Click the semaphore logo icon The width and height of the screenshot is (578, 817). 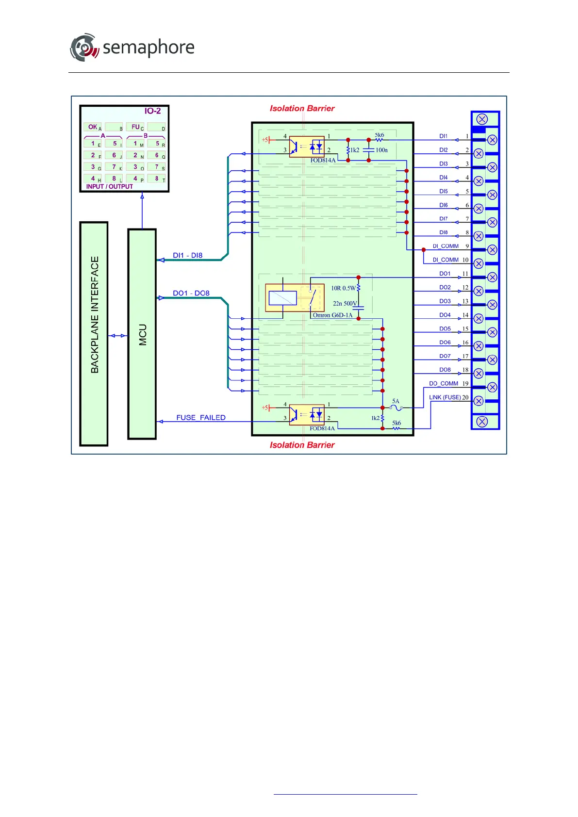pyautogui.click(x=84, y=48)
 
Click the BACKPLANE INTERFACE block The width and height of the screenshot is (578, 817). pyautogui.click(x=94, y=334)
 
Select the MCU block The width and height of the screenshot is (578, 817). pyautogui.click(x=142, y=334)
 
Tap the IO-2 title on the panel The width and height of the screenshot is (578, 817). pyautogui.click(x=152, y=111)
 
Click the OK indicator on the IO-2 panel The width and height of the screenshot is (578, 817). pyautogui.click(x=93, y=127)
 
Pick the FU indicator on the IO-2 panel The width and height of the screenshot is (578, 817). pyautogui.click(x=135, y=127)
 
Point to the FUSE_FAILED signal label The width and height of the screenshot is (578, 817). pyautogui.click(x=201, y=418)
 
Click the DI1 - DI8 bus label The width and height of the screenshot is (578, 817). pyautogui.click(x=187, y=255)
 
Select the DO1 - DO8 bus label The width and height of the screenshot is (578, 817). pyautogui.click(x=191, y=293)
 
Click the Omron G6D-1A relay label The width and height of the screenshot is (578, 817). pyautogui.click(x=332, y=315)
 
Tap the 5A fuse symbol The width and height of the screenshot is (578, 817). pyautogui.click(x=396, y=408)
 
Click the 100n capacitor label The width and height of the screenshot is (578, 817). pyautogui.click(x=381, y=150)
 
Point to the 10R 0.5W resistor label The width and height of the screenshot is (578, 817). pyautogui.click(x=343, y=288)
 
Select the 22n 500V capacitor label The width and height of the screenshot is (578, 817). pyautogui.click(x=345, y=304)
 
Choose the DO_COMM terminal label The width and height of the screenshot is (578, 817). pyautogui.click(x=444, y=383)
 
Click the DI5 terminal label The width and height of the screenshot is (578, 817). pyautogui.click(x=444, y=192)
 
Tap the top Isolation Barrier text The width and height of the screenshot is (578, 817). pyautogui.click(x=302, y=109)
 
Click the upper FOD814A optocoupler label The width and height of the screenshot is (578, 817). pyautogui.click(x=323, y=161)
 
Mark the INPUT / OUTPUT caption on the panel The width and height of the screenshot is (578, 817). pyautogui.click(x=109, y=186)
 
